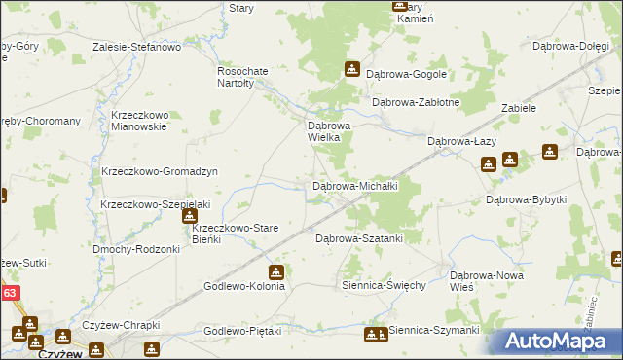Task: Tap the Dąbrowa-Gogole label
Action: [x=406, y=73]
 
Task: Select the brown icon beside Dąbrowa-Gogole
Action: [x=352, y=69]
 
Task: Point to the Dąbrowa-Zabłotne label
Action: [x=416, y=102]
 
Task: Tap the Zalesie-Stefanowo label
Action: [x=137, y=46]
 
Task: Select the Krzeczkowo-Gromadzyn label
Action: [x=159, y=171]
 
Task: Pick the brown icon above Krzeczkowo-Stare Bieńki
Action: [x=190, y=215]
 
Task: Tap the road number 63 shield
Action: [x=9, y=291]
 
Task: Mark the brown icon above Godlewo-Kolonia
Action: [x=277, y=271]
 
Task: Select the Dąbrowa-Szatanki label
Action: [x=359, y=237]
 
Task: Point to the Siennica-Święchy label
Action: [x=385, y=285]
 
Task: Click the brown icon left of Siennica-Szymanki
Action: [x=373, y=336]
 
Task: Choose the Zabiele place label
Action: [x=519, y=108]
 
